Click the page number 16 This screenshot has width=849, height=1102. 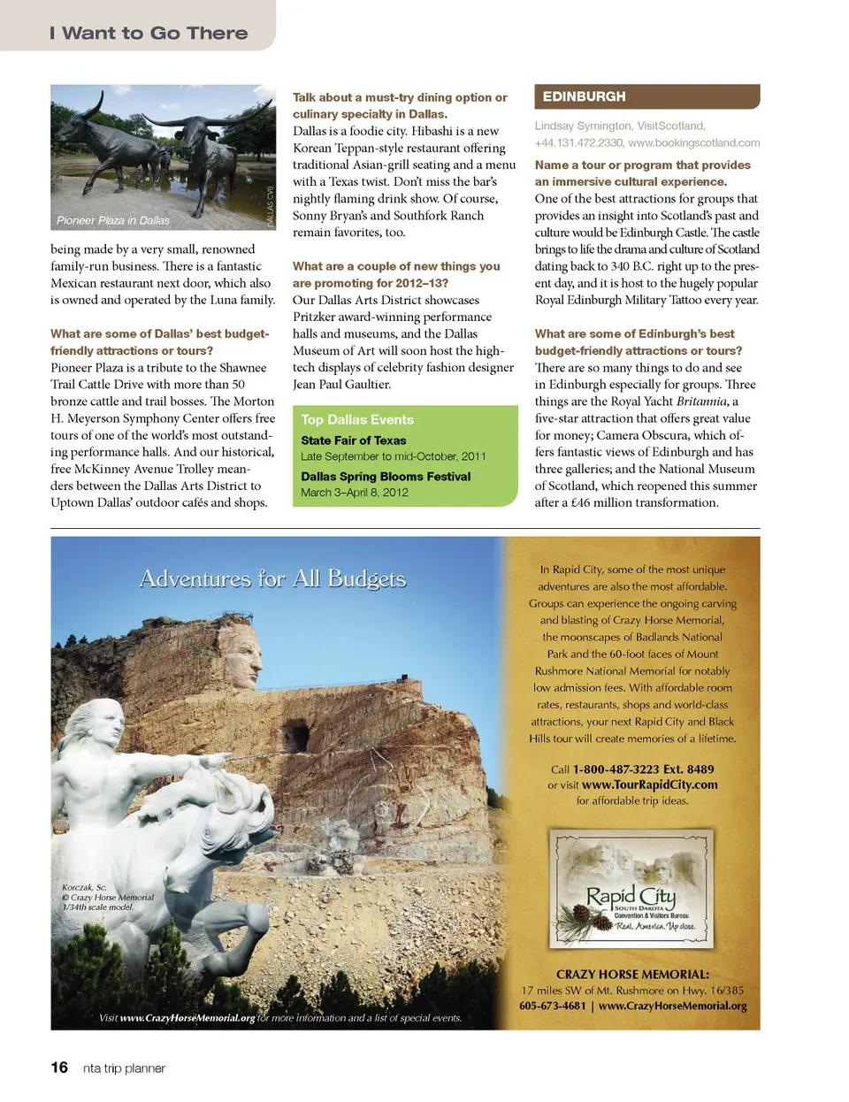(x=59, y=1068)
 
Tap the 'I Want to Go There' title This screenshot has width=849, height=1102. (x=149, y=34)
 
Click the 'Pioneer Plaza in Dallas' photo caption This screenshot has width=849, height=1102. (x=113, y=220)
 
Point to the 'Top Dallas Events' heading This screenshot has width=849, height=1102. (x=357, y=420)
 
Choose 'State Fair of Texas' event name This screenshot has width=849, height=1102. (x=354, y=440)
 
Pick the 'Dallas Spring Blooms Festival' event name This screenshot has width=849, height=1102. (x=386, y=477)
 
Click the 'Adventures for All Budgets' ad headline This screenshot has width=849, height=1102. (x=272, y=578)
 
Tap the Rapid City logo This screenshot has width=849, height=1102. (x=631, y=890)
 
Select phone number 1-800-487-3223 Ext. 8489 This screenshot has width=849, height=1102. (x=643, y=769)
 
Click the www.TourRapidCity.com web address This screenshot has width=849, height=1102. (x=650, y=784)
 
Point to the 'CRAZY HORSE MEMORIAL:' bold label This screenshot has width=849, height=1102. (x=632, y=974)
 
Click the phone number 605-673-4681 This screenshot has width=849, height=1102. (x=553, y=1006)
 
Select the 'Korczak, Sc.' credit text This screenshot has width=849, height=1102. (x=84, y=887)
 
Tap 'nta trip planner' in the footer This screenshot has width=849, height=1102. (x=124, y=1068)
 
